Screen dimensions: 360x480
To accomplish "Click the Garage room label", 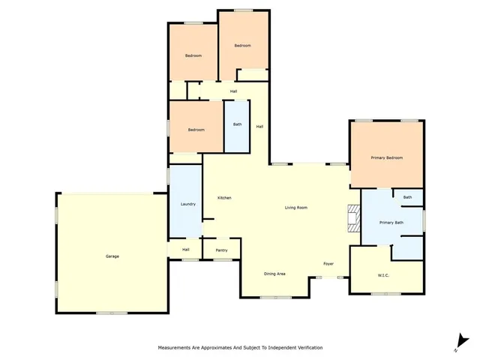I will [112, 256].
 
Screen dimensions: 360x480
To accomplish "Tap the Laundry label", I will [188, 204].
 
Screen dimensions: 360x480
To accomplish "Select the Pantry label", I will [221, 250].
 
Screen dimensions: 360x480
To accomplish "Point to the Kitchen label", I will [224, 197].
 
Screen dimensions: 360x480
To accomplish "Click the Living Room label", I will [295, 208].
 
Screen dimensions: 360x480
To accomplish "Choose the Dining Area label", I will [274, 274].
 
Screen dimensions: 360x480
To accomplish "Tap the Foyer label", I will [328, 264].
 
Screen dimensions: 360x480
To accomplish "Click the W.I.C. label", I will [382, 275].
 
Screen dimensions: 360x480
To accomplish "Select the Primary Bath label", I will [391, 223].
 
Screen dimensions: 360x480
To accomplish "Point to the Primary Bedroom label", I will [387, 157].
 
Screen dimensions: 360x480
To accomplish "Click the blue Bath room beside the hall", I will [237, 124].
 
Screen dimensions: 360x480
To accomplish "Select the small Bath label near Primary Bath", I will [408, 197].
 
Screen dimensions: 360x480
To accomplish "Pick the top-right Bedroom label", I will [241, 46].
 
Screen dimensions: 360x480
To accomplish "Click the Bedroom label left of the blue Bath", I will [196, 130].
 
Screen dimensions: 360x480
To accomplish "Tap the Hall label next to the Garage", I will [184, 250].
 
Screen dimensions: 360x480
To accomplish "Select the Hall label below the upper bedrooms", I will [234, 91].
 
